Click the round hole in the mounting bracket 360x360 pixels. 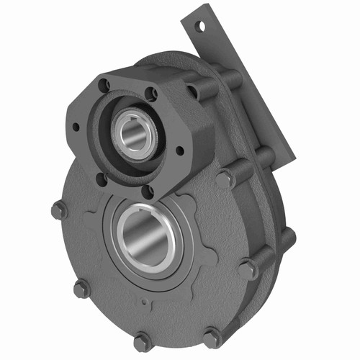point(202,26)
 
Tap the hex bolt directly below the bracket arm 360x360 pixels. point(264,154)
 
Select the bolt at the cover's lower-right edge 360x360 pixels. point(212,336)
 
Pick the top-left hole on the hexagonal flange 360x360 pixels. point(106,85)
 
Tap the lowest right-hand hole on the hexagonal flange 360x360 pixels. point(149,190)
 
